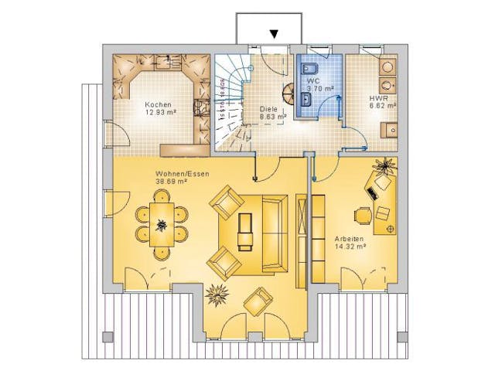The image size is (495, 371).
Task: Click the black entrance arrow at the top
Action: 273,33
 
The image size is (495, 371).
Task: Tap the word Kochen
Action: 157,104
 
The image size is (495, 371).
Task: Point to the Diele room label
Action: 268,109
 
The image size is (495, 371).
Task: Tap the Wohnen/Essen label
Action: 182,174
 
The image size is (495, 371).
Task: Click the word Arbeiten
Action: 350,239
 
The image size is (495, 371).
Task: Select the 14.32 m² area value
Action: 350,247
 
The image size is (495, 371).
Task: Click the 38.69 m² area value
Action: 172,182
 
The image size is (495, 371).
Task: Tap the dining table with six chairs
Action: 162,225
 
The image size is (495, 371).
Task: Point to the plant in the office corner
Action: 384,165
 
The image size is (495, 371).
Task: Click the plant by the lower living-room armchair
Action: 216,294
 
